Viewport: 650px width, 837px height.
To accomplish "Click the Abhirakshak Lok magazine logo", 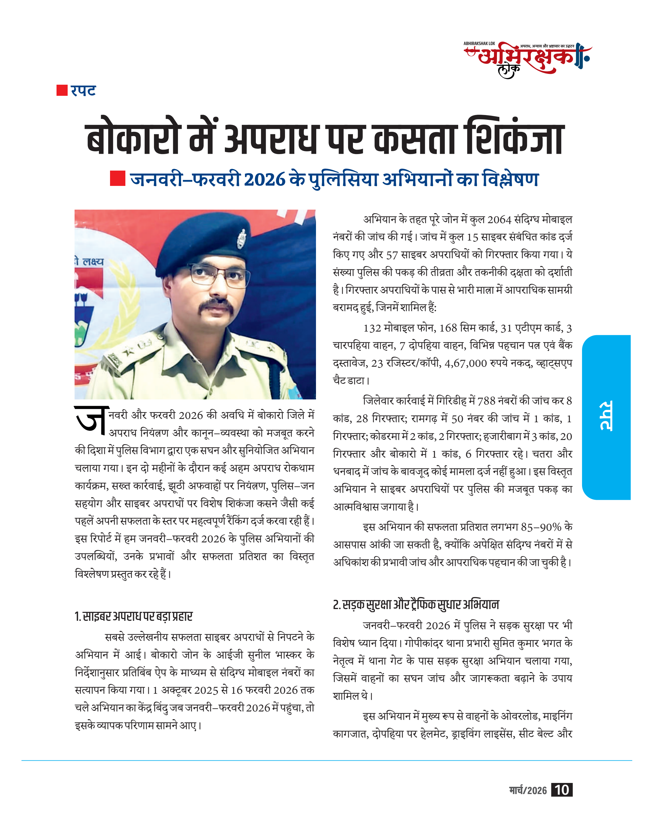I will coord(528,59).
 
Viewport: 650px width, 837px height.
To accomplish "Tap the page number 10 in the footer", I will coord(561,790).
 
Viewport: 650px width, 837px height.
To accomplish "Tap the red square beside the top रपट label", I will coord(62,90).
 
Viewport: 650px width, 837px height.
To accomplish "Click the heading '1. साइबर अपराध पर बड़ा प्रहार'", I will coord(133,616).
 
